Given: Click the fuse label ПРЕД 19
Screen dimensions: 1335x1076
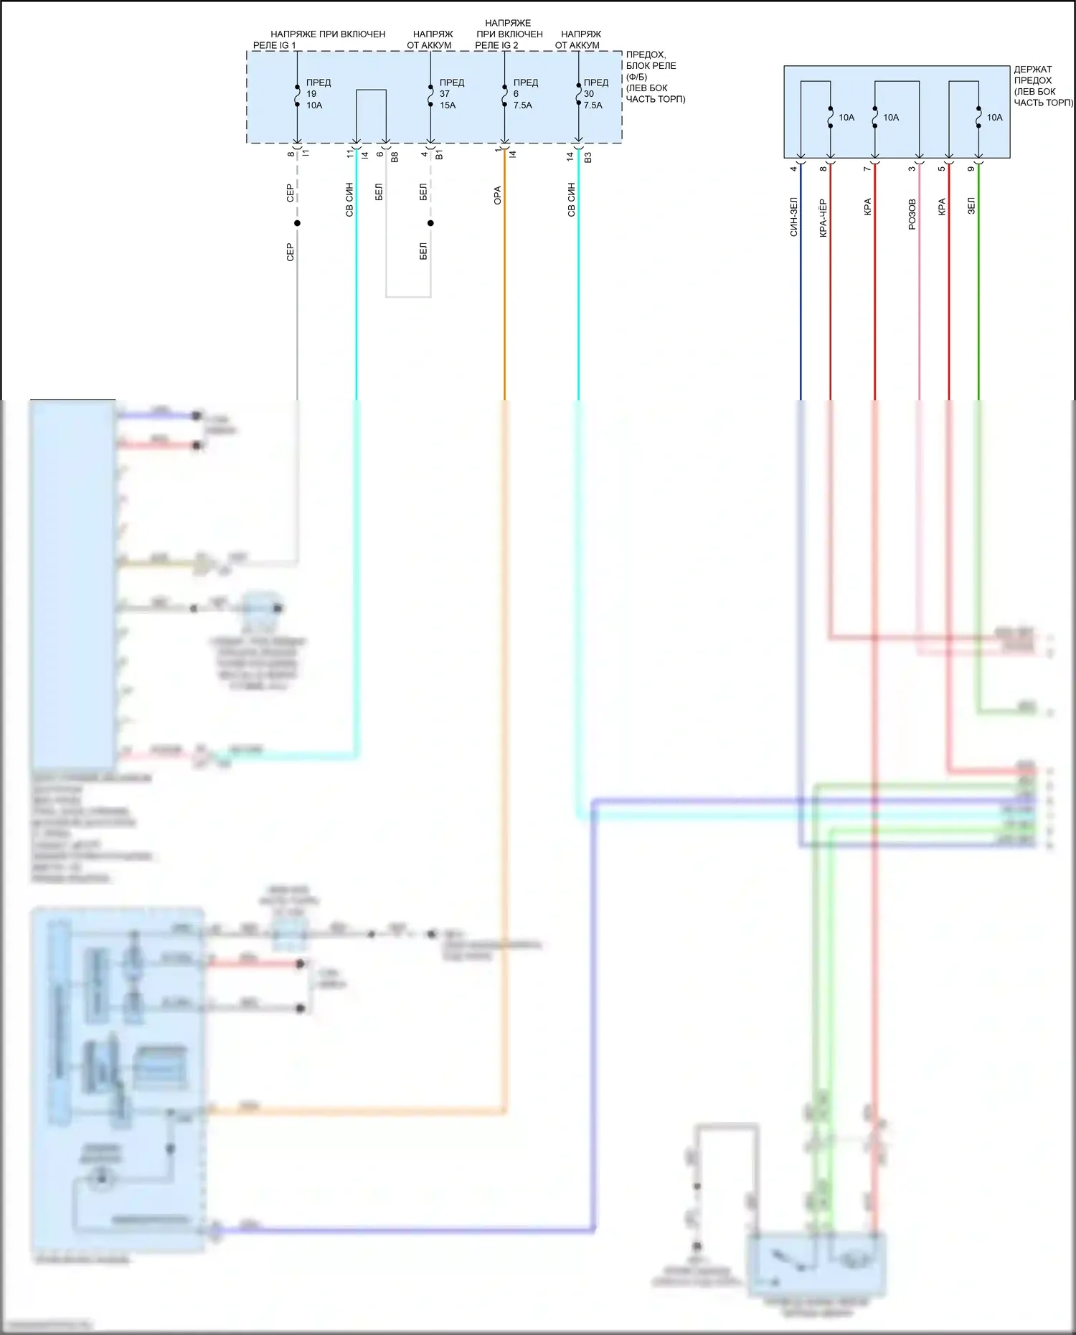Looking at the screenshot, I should (318, 93).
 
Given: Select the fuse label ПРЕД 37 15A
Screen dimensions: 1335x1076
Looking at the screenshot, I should (451, 93).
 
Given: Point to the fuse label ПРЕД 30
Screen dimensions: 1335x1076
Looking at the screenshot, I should (595, 93).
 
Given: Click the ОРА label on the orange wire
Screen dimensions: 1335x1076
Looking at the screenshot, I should (497, 195).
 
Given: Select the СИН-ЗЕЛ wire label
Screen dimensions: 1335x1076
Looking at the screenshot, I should (793, 217).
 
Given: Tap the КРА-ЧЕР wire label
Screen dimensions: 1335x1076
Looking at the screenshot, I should (823, 218).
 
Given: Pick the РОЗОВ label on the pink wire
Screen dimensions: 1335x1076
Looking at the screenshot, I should (912, 214).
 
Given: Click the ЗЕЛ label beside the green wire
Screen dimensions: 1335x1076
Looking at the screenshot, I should (971, 206).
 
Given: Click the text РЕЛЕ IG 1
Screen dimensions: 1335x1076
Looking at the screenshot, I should (274, 45).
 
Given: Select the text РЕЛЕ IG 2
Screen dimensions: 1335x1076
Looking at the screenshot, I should (496, 45).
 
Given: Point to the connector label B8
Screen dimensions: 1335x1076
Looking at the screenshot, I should (395, 156).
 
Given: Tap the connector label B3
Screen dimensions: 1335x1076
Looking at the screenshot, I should (587, 156).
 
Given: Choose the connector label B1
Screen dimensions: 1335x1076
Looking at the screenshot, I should (439, 155).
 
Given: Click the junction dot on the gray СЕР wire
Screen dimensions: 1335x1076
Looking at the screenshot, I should (297, 223).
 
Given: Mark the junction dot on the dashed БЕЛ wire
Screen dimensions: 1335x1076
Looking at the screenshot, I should (430, 223).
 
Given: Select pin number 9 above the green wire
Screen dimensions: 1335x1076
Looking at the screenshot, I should (971, 169).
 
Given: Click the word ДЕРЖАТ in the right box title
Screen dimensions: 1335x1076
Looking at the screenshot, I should (1032, 70).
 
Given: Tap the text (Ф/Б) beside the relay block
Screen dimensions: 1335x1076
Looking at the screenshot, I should (636, 77).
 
